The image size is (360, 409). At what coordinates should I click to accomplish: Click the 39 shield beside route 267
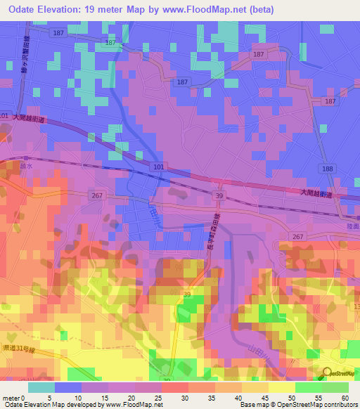coord(219,195)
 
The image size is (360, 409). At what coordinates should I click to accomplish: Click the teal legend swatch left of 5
coord(41,387)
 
